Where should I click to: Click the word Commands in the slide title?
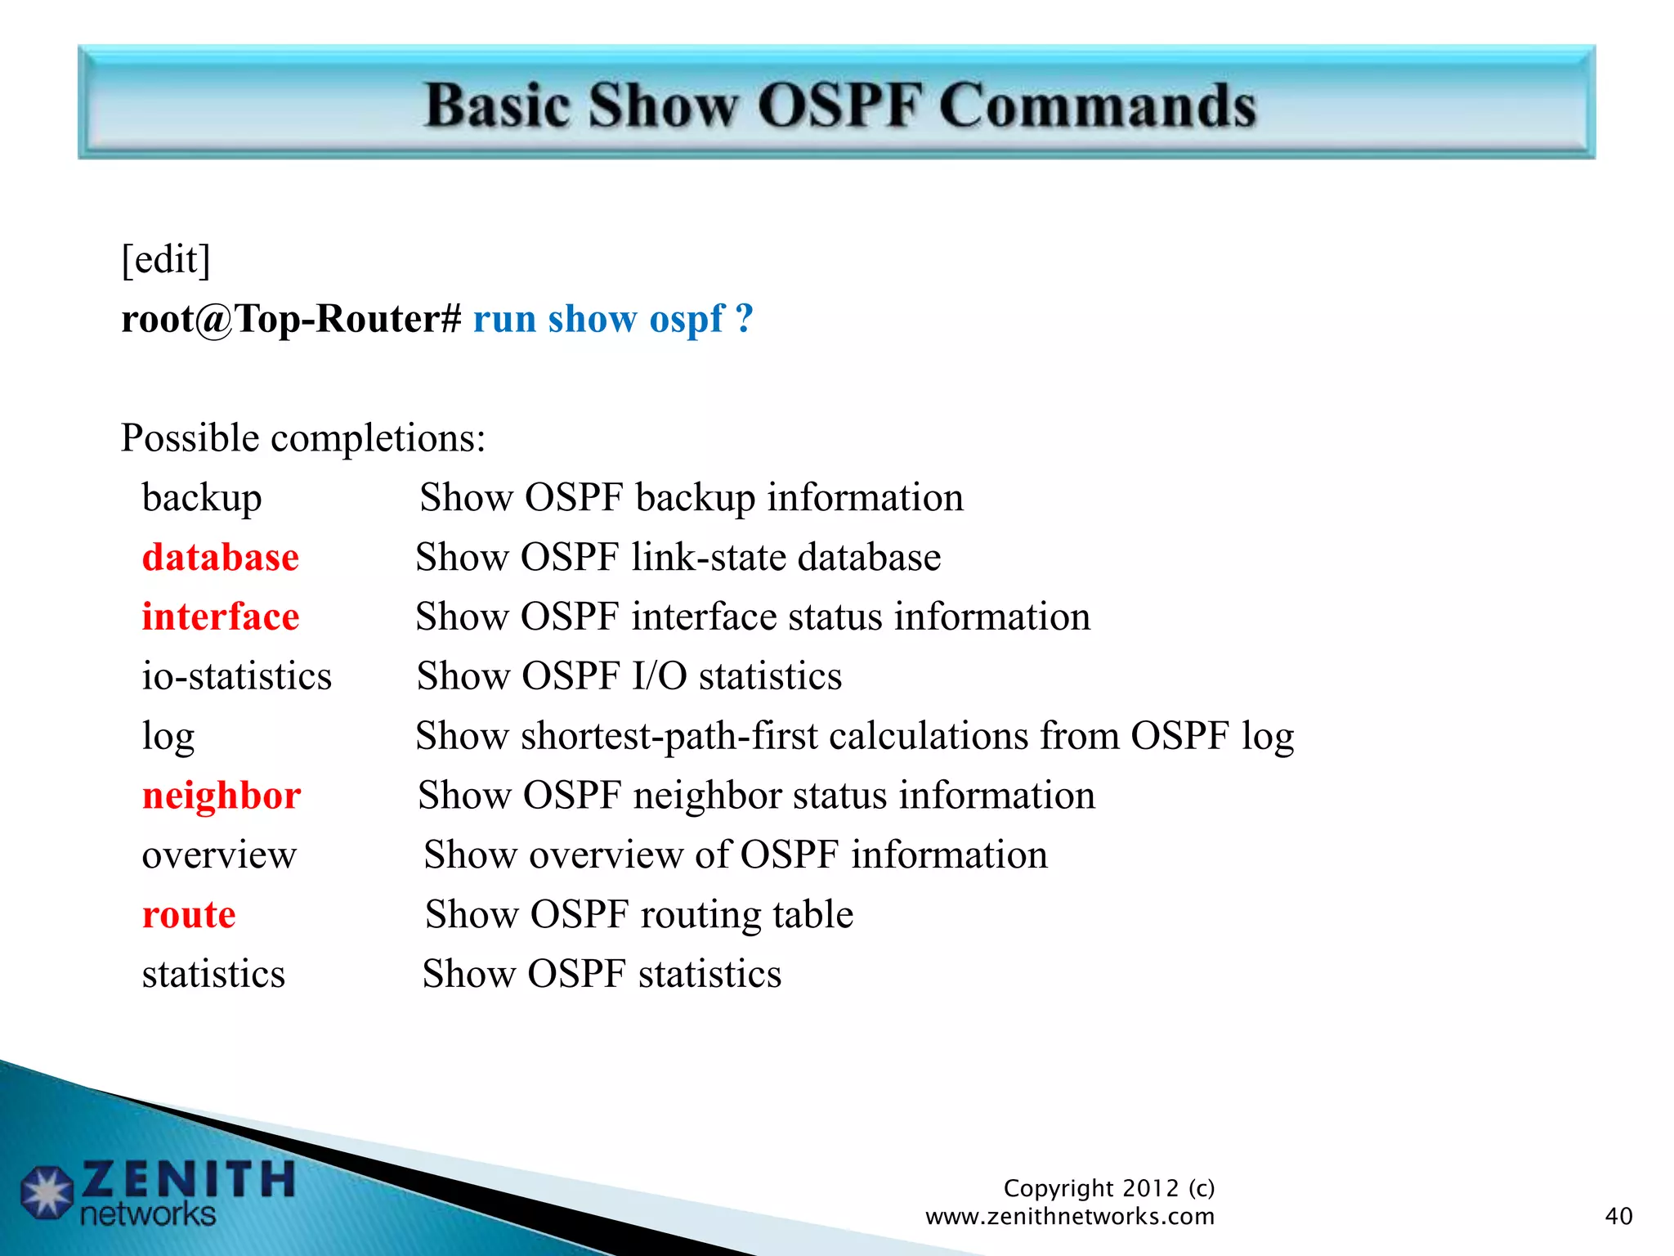(1097, 106)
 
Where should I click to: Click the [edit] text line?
(166, 260)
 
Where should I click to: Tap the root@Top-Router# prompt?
(292, 319)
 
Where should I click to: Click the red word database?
(220, 558)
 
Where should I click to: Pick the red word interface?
(220, 617)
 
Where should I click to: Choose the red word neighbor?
(222, 796)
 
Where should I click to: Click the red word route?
(189, 915)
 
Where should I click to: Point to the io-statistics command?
(236, 677)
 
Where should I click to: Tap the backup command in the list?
(201, 498)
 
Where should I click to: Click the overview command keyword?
(219, 855)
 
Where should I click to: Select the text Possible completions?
(303, 438)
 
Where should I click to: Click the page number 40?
(1618, 1216)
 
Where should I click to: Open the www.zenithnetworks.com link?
(1069, 1217)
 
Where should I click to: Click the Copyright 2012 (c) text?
(1108, 1188)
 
